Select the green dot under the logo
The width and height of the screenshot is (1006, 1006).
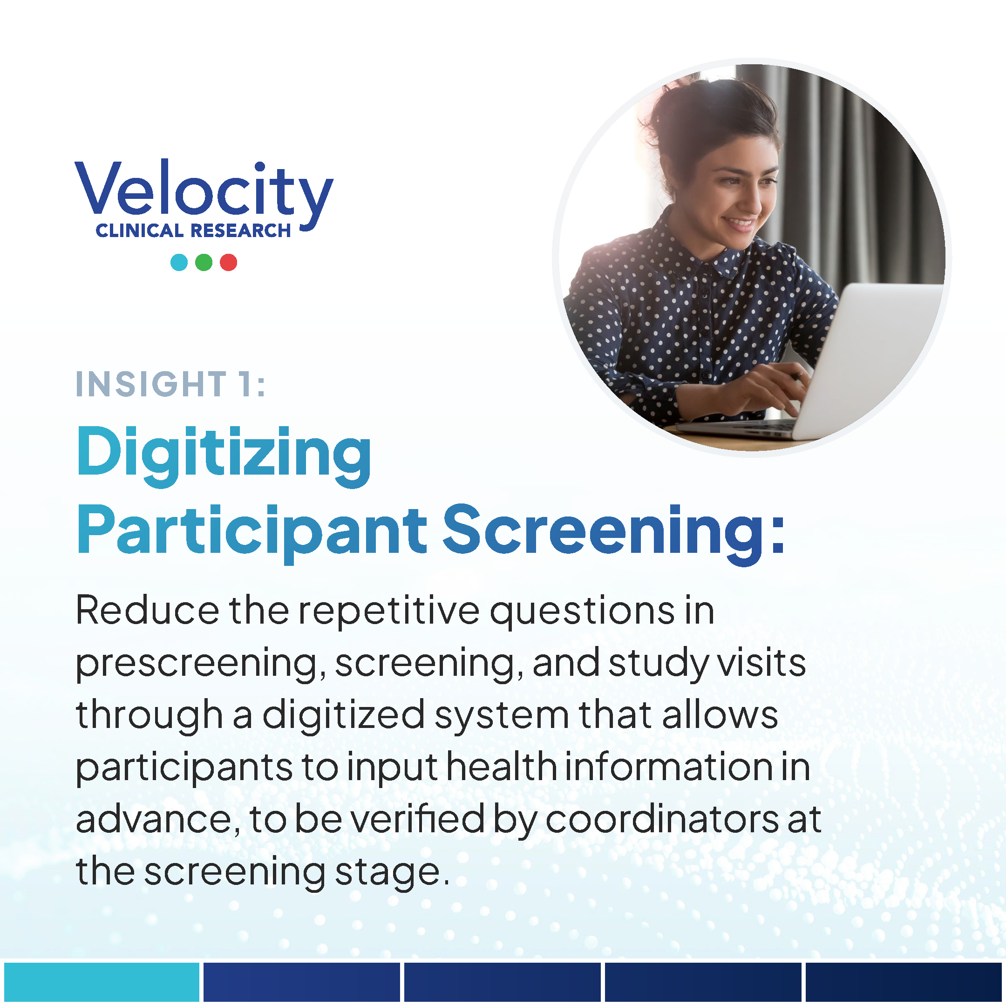[x=204, y=262]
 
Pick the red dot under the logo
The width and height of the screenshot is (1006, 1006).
[x=229, y=262]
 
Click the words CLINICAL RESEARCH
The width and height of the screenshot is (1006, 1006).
[x=193, y=231]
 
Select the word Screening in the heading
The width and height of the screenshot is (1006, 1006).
[x=614, y=533]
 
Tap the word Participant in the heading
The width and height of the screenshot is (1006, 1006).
[x=252, y=533]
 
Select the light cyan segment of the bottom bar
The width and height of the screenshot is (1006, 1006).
[x=102, y=983]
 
